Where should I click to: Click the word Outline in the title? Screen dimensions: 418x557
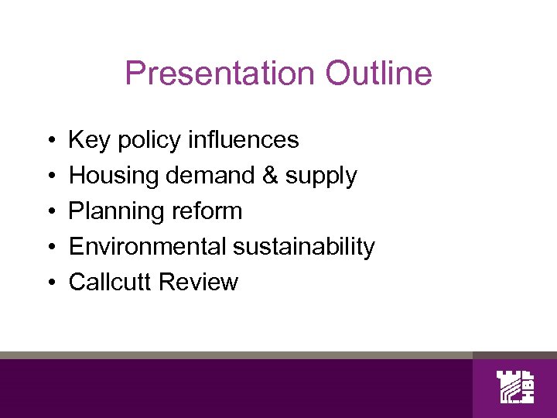pos(379,74)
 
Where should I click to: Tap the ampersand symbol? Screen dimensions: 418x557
pos(270,176)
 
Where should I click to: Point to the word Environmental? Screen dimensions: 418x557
pos(145,247)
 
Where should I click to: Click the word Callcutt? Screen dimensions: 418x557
pos(111,283)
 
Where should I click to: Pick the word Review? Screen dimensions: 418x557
pos(198,283)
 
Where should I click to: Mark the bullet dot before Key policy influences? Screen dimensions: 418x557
pos(49,141)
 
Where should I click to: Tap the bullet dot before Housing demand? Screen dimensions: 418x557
pos(49,176)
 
